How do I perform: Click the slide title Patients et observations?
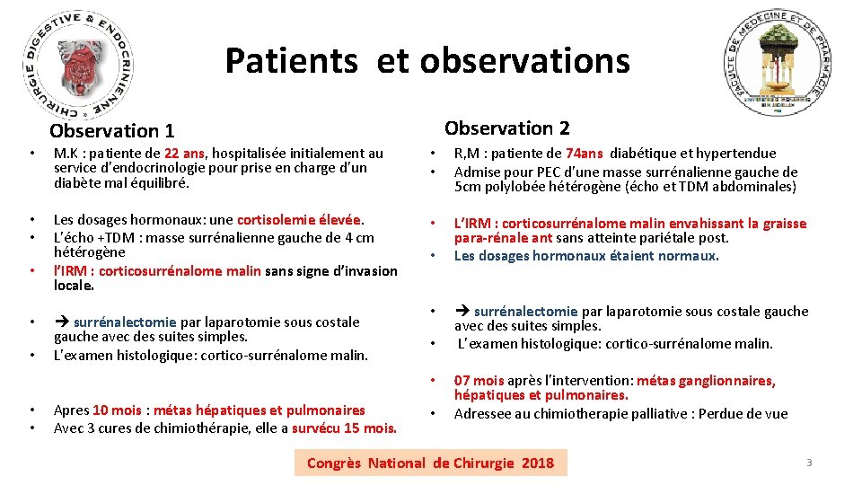point(427,61)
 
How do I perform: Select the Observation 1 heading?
point(112,131)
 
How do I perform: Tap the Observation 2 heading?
point(507,128)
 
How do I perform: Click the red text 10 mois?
point(117,410)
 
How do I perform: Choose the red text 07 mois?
point(479,381)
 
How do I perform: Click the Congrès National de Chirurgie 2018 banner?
point(430,463)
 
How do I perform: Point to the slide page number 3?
point(808,463)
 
